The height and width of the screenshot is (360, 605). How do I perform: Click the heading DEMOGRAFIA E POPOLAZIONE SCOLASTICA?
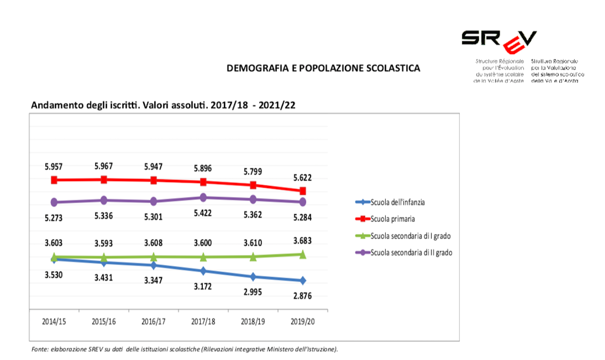[323, 68]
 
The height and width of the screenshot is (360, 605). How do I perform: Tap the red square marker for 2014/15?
[54, 180]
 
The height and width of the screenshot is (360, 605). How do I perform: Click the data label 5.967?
[104, 166]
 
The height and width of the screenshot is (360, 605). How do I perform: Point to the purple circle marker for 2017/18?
[203, 197]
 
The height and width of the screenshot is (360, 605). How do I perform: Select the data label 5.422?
[203, 213]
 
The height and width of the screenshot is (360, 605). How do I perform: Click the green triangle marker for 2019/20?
[302, 255]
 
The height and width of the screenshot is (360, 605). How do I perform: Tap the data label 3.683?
[302, 241]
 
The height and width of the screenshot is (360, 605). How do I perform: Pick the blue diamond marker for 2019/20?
[302, 280]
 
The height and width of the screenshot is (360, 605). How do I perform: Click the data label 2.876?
[302, 296]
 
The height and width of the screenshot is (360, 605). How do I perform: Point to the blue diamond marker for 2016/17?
[153, 265]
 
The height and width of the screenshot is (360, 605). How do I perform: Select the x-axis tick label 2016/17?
[153, 321]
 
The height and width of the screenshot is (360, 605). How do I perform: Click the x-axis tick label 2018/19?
[253, 321]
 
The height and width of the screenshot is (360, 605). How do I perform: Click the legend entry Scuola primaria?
[393, 219]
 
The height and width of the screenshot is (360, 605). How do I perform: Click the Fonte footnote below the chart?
[184, 349]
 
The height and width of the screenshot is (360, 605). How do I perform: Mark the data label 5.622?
[302, 177]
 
